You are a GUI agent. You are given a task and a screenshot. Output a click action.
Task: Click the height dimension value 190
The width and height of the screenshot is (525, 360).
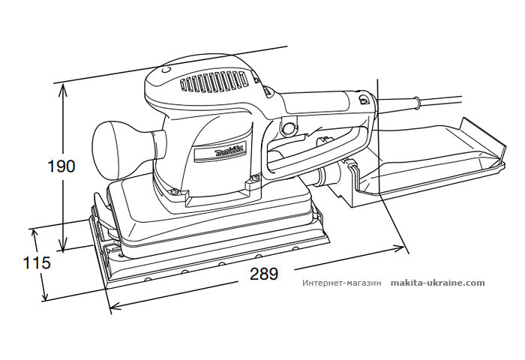pos(60,166)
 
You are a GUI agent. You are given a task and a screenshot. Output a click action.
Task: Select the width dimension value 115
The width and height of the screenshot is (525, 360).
pos(36,263)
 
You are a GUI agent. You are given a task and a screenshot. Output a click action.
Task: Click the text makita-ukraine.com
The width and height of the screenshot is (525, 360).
pos(438,283)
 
